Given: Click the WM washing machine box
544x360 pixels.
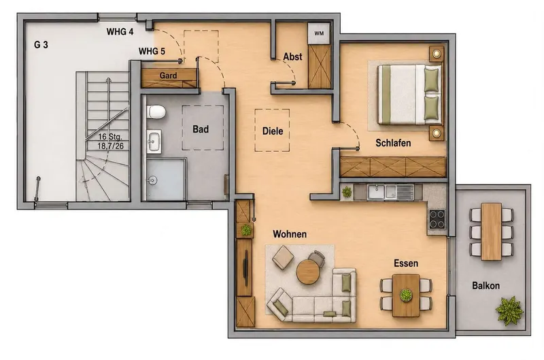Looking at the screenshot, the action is point(319,33).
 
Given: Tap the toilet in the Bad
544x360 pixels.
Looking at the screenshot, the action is point(156,112).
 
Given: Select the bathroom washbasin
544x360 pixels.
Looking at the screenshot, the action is point(154,142).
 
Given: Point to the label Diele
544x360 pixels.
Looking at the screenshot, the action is point(273,131).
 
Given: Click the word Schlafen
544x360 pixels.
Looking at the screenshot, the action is point(393,143).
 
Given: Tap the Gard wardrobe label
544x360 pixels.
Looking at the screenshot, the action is point(168,76).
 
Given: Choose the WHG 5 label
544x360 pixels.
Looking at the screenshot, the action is point(152,51).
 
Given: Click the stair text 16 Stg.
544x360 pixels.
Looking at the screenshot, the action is point(110,136).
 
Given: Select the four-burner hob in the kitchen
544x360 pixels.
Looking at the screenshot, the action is point(437,219).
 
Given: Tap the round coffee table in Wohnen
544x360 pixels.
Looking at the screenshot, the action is point(308,272).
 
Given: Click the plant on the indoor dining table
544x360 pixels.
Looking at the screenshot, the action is point(406,295).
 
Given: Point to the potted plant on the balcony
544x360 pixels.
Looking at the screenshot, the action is point(509,310).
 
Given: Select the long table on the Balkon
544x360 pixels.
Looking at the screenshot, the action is point(491,231).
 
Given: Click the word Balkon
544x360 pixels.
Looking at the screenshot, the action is point(486,286).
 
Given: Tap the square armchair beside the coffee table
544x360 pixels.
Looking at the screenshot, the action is point(283,258).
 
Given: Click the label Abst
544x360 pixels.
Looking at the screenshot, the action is point(292,56).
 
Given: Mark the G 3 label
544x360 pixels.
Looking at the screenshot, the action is point(41,45).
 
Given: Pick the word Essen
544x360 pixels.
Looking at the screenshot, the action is point(406,263).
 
